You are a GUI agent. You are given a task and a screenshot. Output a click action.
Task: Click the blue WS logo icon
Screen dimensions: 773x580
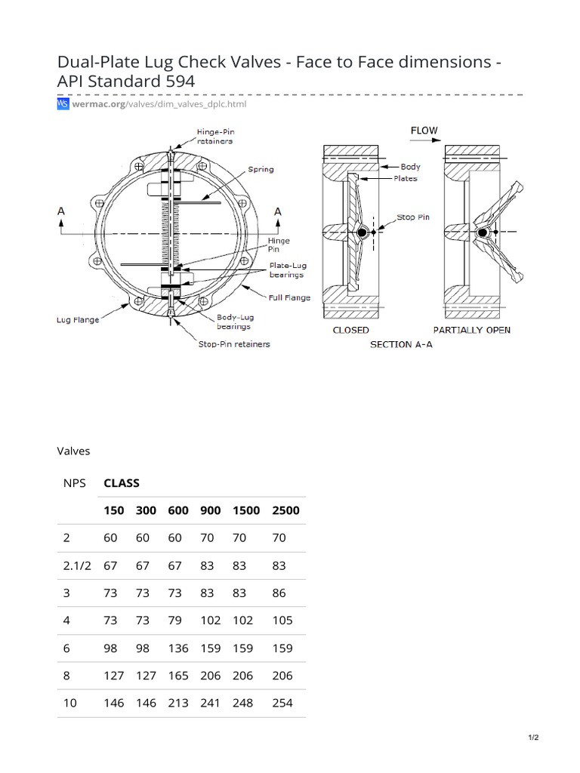pyautogui.click(x=63, y=103)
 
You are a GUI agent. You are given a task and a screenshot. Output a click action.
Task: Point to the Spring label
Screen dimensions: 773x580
pyautogui.click(x=261, y=170)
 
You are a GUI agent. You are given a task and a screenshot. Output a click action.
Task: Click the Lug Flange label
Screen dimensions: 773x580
pyautogui.click(x=78, y=320)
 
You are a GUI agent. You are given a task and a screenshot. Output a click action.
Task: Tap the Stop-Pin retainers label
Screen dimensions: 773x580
pyautogui.click(x=233, y=344)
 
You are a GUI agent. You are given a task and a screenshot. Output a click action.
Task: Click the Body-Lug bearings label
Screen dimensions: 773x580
pyautogui.click(x=235, y=322)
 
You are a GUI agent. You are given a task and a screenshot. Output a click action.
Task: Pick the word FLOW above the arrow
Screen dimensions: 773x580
pyautogui.click(x=424, y=131)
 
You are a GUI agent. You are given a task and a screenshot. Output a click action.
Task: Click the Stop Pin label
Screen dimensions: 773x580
pyautogui.click(x=413, y=217)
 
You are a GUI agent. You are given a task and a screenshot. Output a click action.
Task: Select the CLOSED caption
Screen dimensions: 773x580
pyautogui.click(x=351, y=331)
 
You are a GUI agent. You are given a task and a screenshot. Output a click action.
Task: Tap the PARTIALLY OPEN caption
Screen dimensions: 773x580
pyautogui.click(x=472, y=331)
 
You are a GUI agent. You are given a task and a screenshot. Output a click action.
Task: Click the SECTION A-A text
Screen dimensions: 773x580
pyautogui.click(x=405, y=344)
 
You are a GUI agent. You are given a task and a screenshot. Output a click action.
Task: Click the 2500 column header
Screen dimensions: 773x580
pyautogui.click(x=285, y=510)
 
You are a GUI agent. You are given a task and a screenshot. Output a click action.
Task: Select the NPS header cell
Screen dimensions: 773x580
pyautogui.click(x=75, y=483)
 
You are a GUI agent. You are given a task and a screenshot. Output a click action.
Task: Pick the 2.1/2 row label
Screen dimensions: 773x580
pyautogui.click(x=76, y=565)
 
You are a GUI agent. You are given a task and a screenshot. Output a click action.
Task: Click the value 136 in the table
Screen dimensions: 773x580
pyautogui.click(x=178, y=648)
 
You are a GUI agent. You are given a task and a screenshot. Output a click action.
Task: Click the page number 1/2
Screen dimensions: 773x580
pyautogui.click(x=534, y=738)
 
